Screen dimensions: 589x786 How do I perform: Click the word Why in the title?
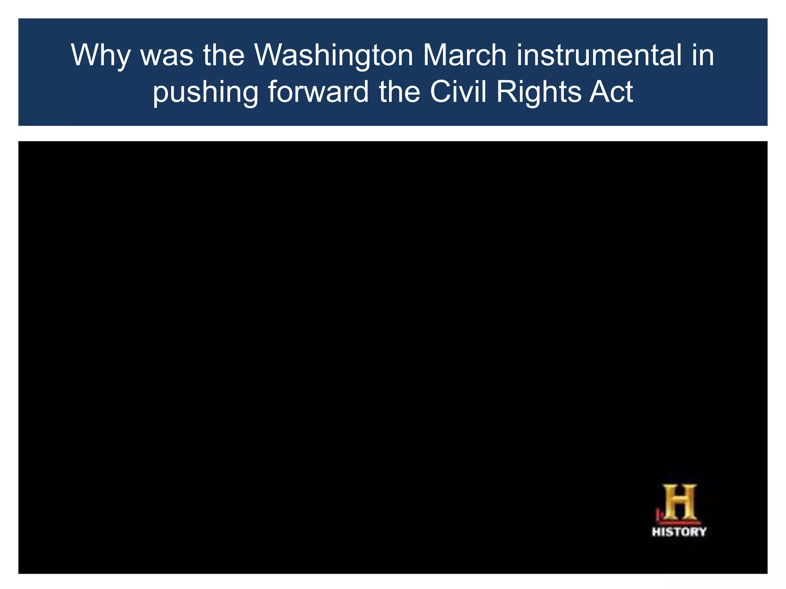pyautogui.click(x=101, y=56)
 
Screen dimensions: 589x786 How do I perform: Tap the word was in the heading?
pyautogui.click(x=167, y=55)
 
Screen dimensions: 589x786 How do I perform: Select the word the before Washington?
pyautogui.click(x=224, y=55)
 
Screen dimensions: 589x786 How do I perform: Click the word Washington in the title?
pyautogui.click(x=334, y=56)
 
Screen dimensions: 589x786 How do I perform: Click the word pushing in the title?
pyautogui.click(x=205, y=93)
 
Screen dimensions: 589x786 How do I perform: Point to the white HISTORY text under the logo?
pyautogui.click(x=679, y=531)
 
